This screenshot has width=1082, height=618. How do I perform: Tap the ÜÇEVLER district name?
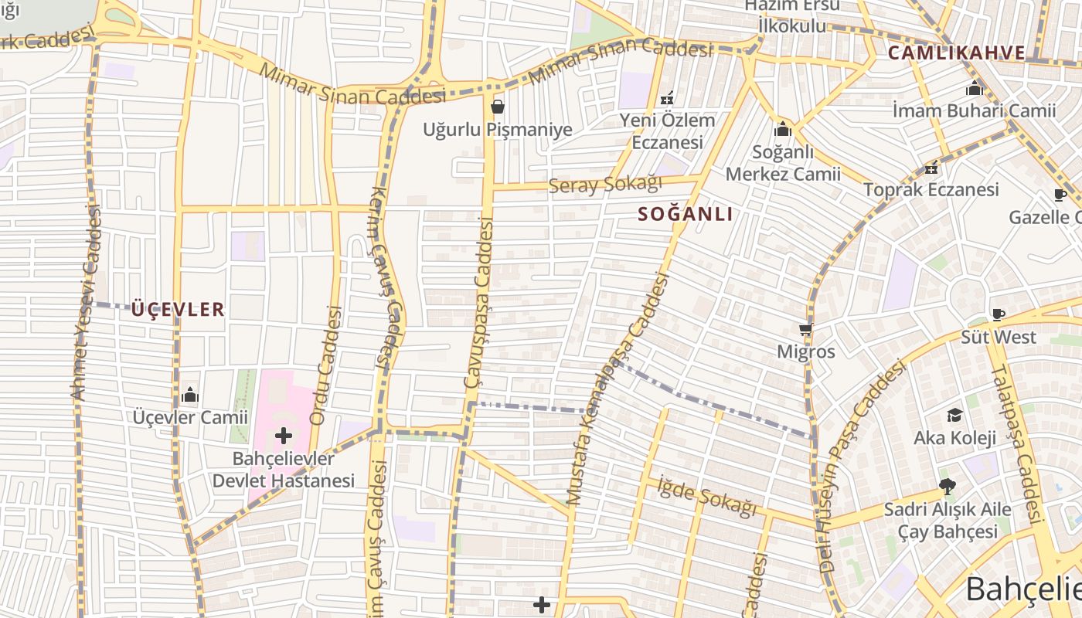coord(178,311)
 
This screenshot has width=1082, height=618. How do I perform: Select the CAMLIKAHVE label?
coord(957,53)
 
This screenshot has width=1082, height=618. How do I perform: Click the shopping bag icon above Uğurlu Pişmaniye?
coord(498,107)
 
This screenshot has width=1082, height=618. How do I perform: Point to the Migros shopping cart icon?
coord(806,330)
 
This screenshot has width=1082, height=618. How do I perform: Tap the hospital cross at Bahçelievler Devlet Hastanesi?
coord(284,436)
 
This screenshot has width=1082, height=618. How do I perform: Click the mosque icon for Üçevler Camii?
coord(190,396)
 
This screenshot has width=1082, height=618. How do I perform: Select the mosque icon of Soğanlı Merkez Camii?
coord(783,130)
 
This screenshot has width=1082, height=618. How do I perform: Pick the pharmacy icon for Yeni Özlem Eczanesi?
coord(668,98)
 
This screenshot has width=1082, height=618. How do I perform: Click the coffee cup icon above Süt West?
coord(998,314)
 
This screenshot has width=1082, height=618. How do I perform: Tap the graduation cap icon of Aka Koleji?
coord(954,416)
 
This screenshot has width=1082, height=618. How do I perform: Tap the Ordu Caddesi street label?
coord(325,365)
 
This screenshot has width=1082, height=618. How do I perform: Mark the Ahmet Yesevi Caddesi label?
coord(87,303)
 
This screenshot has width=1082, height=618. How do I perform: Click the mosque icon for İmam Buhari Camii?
coord(974,89)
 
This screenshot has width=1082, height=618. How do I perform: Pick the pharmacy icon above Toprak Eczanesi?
coord(931,168)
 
